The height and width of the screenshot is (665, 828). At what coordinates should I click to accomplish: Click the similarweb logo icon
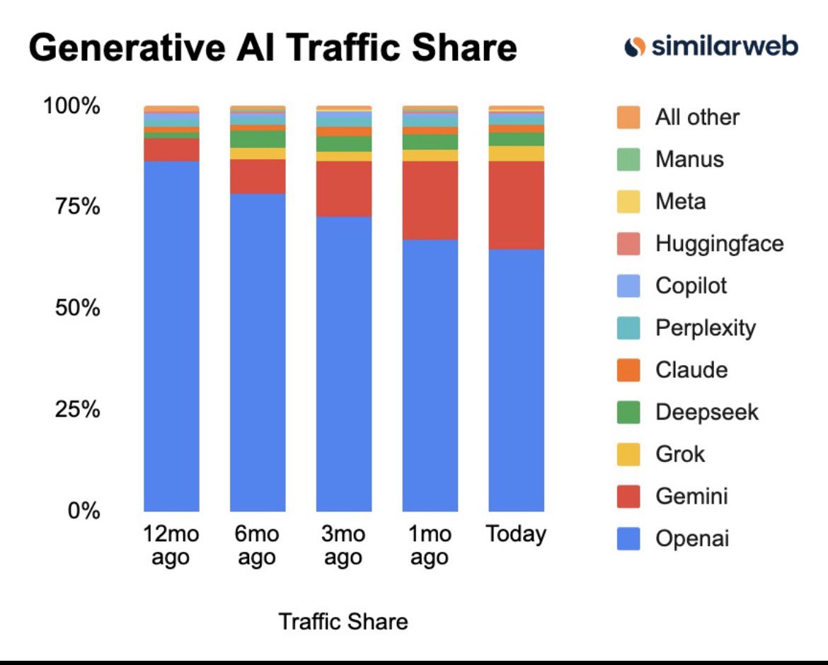(x=634, y=47)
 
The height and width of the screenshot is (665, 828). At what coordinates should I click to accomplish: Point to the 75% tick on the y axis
(x=71, y=207)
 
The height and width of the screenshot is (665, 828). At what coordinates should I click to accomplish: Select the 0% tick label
(x=84, y=511)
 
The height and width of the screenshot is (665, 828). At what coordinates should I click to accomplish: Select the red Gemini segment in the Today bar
(x=516, y=205)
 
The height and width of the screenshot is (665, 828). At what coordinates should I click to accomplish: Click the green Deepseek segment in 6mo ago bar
(x=258, y=139)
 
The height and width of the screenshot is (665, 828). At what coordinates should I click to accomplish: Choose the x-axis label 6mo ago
(x=258, y=545)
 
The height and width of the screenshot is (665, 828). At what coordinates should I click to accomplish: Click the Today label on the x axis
(x=516, y=534)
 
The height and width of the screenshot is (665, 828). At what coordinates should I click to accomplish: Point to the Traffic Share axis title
(x=343, y=622)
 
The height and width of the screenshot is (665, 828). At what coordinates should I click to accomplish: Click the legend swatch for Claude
(x=628, y=370)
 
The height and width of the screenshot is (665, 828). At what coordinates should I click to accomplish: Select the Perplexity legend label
(x=705, y=328)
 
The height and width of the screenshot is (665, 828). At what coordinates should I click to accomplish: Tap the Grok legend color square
(x=628, y=454)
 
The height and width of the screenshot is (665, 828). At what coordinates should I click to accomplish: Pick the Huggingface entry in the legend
(x=719, y=244)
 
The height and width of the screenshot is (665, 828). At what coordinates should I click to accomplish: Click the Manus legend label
(x=689, y=159)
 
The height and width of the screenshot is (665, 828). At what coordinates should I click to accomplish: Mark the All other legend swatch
(x=628, y=117)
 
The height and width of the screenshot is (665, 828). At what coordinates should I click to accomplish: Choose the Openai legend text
(x=691, y=539)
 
